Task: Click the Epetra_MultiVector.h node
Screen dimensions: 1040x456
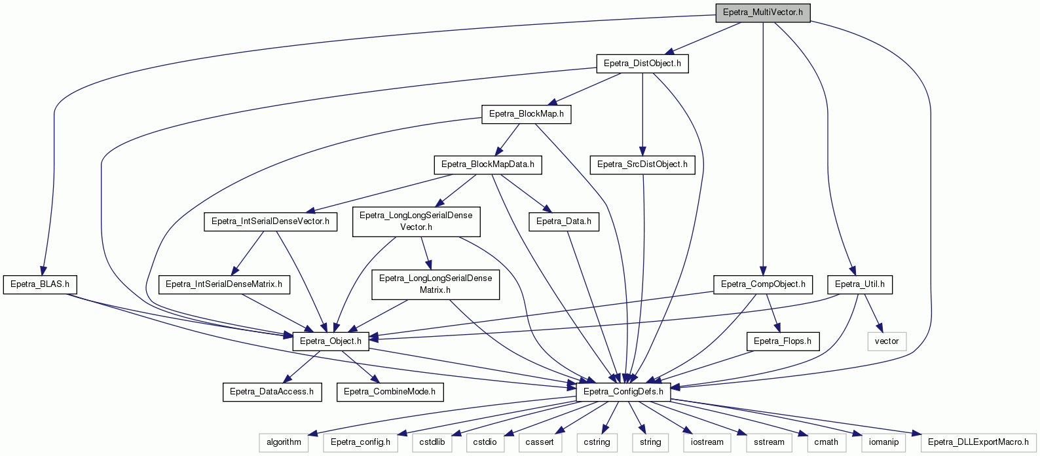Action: [x=763, y=12]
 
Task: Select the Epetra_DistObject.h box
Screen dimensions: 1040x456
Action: [x=642, y=64]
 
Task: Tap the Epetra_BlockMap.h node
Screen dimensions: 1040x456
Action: [x=527, y=114]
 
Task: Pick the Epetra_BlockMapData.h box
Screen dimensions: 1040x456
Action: [x=488, y=165]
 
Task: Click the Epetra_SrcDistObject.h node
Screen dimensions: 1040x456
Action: [x=642, y=165]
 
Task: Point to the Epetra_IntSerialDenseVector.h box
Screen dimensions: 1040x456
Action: [x=270, y=221]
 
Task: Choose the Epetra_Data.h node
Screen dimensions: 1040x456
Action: [x=564, y=221]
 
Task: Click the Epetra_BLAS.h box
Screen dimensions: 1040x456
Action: [x=40, y=284]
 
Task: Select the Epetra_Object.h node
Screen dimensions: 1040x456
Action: [x=331, y=342]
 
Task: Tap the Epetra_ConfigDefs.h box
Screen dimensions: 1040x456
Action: [x=623, y=392]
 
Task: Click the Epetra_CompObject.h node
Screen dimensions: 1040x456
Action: [x=763, y=284]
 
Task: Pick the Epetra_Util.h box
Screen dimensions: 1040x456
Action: [x=860, y=284]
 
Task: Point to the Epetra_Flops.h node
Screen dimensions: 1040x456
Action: [x=783, y=342]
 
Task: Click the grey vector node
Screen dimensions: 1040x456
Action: [x=887, y=342]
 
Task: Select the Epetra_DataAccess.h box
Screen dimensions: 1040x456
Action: [x=272, y=392]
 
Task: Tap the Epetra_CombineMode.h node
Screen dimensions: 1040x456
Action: [x=390, y=392]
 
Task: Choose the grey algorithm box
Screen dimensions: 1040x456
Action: [x=284, y=442]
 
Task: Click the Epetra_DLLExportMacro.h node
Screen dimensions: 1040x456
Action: [x=978, y=442]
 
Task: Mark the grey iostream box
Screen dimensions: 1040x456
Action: [x=707, y=442]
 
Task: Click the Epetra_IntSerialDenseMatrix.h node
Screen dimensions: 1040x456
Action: [x=224, y=284]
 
